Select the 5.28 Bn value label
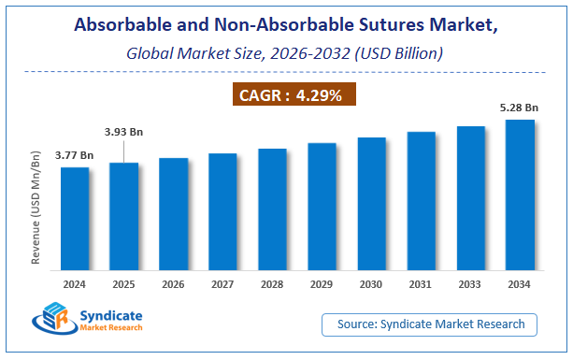click(x=520, y=108)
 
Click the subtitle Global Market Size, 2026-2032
click(x=280, y=55)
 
